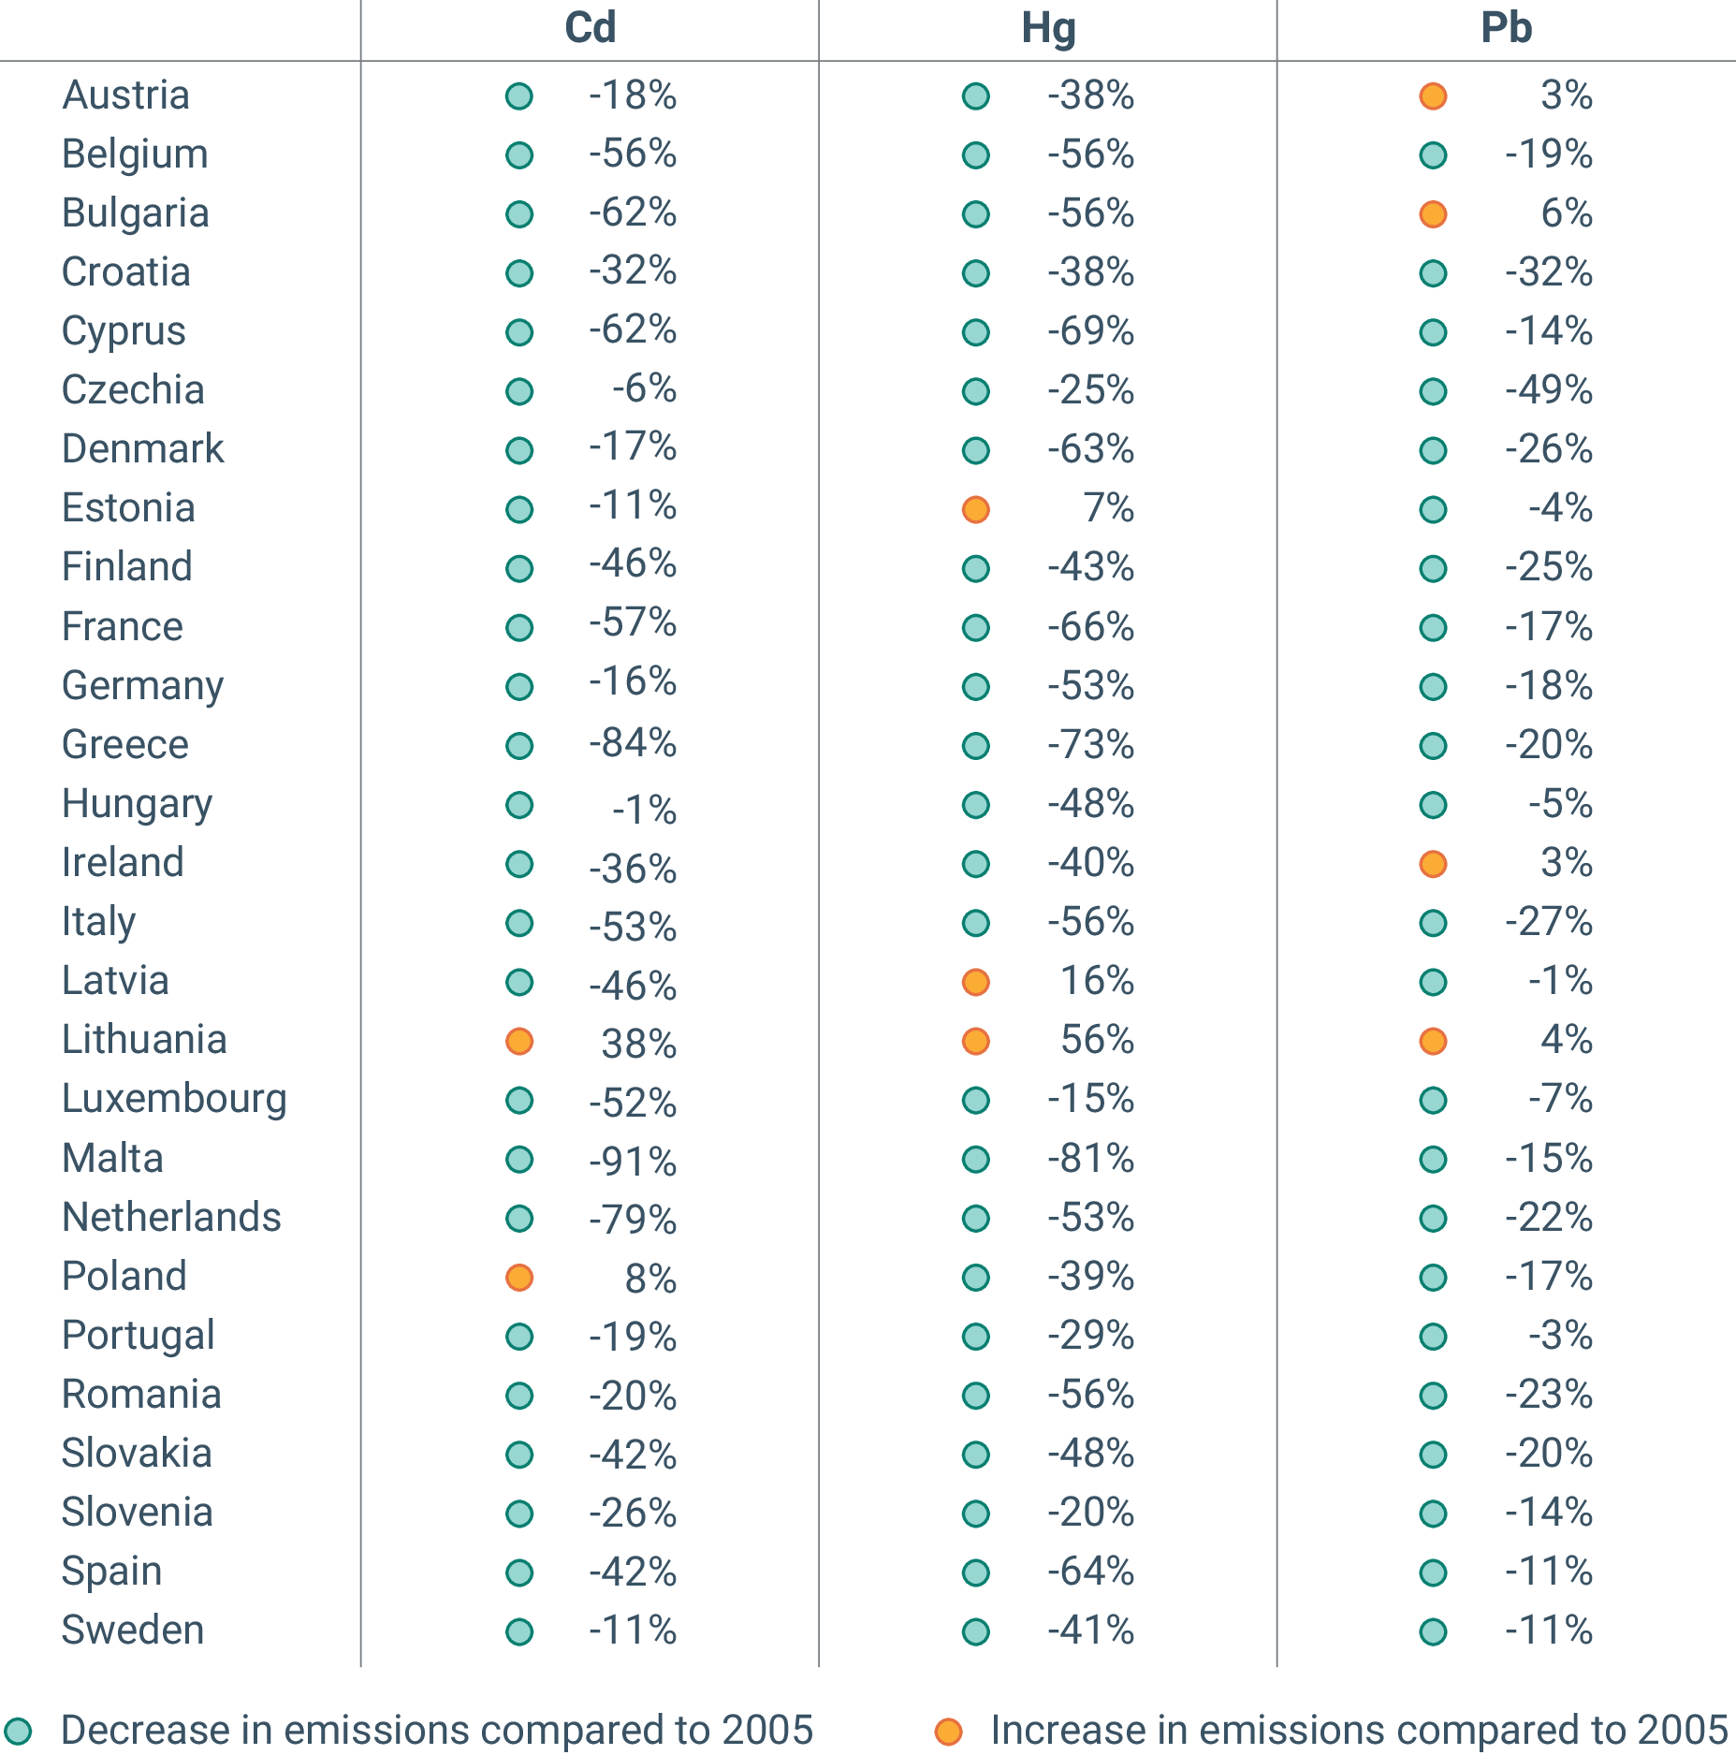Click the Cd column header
(590, 27)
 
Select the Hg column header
(1048, 27)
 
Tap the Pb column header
(1506, 27)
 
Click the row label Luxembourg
(174, 1099)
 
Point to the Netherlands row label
(171, 1217)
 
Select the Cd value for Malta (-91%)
(633, 1162)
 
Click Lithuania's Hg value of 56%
(1097, 1040)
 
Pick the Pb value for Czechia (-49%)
(1549, 390)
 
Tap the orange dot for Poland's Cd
(519, 1278)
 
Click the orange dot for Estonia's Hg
(976, 509)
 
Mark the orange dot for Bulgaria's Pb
(1433, 214)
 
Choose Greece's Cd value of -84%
(633, 743)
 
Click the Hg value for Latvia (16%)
(1097, 981)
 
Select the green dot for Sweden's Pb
(1433, 1631)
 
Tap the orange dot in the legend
(948, 1731)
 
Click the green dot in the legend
(18, 1731)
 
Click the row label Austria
(126, 95)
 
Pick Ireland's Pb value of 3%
(1567, 862)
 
